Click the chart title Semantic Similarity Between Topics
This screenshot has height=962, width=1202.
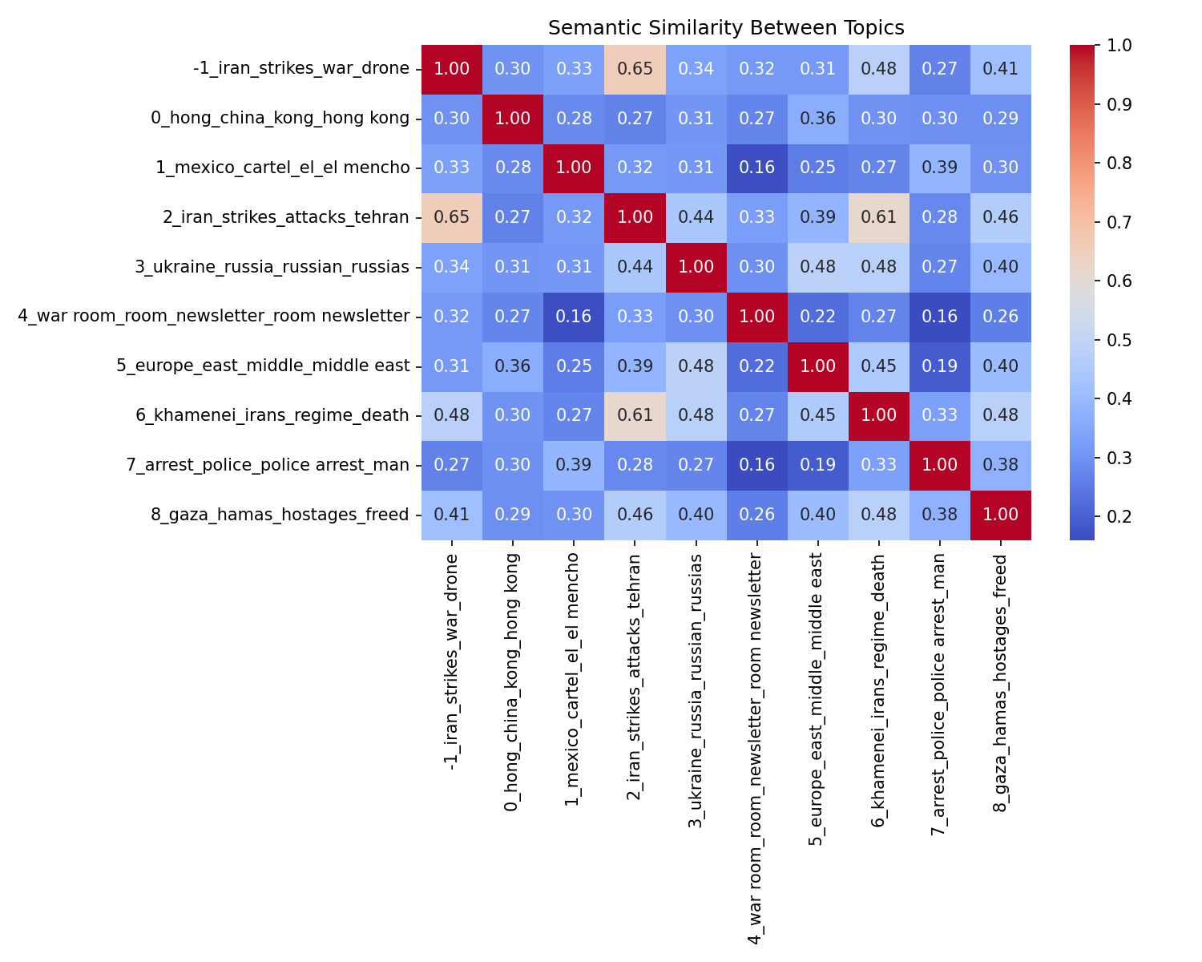[x=726, y=28]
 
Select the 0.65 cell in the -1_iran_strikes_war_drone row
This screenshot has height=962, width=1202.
[x=635, y=69]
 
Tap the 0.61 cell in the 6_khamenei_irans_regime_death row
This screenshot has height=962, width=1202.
[x=635, y=415]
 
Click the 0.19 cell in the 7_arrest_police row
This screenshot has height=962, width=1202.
[x=817, y=465]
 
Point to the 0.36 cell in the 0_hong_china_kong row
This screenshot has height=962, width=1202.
[x=817, y=119]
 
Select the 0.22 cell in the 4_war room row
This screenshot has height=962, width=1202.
[x=817, y=317]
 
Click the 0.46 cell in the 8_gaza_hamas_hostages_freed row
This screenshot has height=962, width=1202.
[x=635, y=515]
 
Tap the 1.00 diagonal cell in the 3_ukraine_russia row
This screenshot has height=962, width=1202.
[x=696, y=267]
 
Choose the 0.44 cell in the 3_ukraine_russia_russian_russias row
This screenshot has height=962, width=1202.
[x=635, y=267]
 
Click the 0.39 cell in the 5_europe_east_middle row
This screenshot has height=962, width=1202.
[x=635, y=366]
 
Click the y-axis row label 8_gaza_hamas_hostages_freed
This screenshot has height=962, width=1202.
[x=280, y=515]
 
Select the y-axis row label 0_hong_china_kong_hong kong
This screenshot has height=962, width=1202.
[x=280, y=119]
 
